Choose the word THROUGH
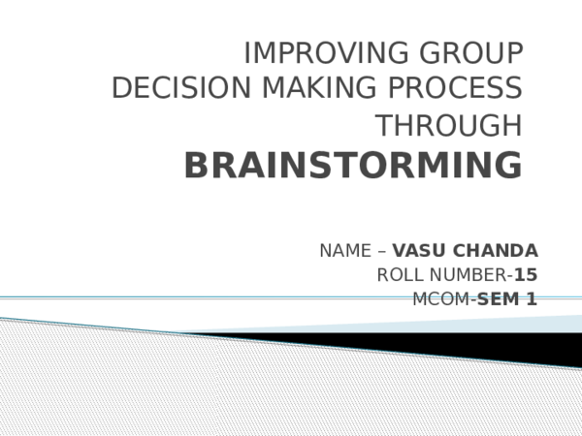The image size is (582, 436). pyautogui.click(x=449, y=127)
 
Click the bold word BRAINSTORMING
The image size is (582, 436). pyautogui.click(x=353, y=166)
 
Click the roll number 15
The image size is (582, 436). pyautogui.click(x=527, y=275)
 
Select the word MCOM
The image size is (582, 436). pyautogui.click(x=440, y=298)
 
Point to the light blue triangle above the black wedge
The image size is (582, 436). pyautogui.click(x=543, y=325)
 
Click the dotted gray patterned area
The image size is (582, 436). pyautogui.click(x=194, y=388)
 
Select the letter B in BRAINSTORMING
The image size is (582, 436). pyautogui.click(x=196, y=166)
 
